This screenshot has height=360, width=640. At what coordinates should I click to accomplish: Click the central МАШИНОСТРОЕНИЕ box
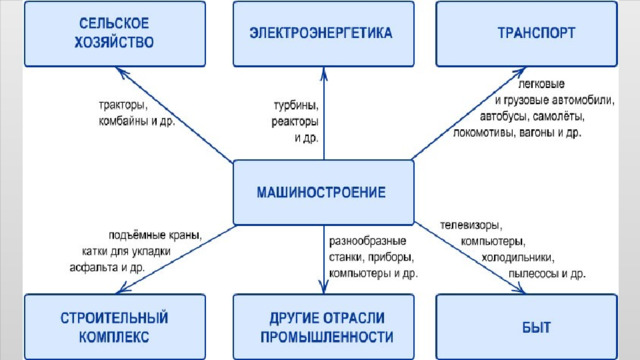(x=324, y=192)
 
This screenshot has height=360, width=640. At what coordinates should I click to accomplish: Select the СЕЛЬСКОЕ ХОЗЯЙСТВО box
(x=115, y=34)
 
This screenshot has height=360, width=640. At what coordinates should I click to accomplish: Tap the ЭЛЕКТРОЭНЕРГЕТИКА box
(x=324, y=34)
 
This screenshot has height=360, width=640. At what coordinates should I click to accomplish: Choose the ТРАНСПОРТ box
(x=527, y=34)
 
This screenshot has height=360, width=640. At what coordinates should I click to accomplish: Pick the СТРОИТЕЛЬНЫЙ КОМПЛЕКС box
(x=115, y=327)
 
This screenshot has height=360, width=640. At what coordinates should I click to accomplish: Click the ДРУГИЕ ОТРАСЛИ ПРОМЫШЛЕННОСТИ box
(x=324, y=327)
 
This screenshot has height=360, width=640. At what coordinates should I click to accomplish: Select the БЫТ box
(x=527, y=327)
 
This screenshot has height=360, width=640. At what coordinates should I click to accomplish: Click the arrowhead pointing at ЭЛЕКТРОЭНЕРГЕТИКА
(x=324, y=73)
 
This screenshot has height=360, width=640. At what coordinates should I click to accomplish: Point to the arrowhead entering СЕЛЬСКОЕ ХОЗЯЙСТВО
(x=122, y=72)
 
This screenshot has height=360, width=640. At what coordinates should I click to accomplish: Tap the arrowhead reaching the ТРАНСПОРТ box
(x=519, y=72)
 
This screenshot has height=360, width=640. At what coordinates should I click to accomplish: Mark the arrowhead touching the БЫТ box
(x=518, y=289)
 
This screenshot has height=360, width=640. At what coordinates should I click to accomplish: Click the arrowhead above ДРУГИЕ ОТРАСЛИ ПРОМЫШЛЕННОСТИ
(x=324, y=288)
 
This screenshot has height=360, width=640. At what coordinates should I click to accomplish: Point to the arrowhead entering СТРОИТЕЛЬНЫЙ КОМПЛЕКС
(x=123, y=289)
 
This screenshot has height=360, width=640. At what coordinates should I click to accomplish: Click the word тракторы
(x=123, y=105)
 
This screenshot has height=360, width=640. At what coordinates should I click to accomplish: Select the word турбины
(x=296, y=105)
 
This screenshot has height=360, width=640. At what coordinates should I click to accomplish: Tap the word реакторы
(x=295, y=122)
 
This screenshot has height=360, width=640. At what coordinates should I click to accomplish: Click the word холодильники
(x=518, y=258)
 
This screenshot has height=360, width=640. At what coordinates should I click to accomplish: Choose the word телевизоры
(x=471, y=225)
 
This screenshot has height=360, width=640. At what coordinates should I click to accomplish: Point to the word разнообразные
(x=368, y=241)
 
